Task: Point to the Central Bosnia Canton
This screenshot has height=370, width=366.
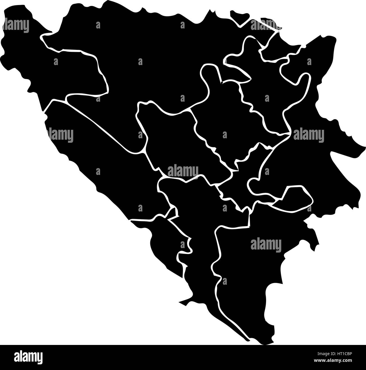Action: point(175,141)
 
